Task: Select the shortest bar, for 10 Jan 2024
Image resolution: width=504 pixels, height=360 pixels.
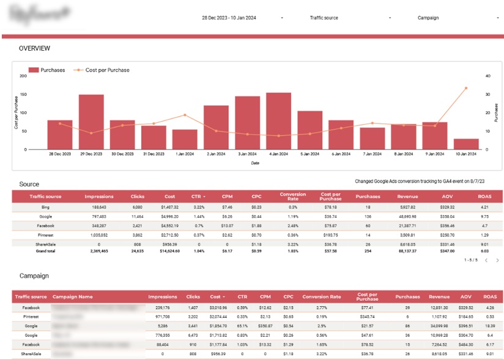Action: (466, 144)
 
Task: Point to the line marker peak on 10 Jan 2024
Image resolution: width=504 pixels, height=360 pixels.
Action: (466, 88)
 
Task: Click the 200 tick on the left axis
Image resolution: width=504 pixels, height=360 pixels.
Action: (23, 76)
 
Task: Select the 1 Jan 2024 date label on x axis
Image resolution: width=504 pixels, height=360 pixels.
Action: (185, 155)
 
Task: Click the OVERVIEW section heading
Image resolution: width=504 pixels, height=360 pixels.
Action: (34, 48)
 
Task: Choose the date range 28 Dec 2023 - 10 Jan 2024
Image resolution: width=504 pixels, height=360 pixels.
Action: (229, 18)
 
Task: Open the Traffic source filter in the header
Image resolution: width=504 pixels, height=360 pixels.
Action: (324, 18)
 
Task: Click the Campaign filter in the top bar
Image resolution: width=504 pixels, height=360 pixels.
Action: (428, 18)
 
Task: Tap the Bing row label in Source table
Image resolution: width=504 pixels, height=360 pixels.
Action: (46, 208)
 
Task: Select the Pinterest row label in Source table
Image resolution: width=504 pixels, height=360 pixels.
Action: (46, 235)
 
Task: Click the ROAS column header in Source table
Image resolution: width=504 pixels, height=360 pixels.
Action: (484, 196)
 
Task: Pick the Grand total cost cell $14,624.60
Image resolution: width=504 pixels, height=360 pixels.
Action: (169, 251)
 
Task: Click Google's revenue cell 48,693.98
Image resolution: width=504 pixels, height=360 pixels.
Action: (407, 216)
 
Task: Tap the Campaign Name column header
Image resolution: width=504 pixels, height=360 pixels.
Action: (73, 296)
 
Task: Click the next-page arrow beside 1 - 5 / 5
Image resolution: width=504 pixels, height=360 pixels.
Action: (497, 260)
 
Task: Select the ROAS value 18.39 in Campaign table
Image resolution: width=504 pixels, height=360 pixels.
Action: (488, 326)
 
